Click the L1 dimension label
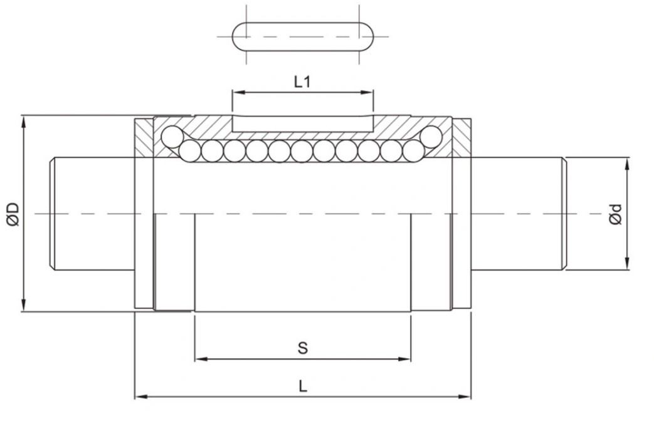pyautogui.click(x=302, y=82)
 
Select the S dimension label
pyautogui.click(x=303, y=348)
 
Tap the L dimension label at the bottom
pyautogui.click(x=303, y=387)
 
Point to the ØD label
pyautogui.click(x=13, y=214)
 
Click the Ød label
pyautogui.click(x=615, y=214)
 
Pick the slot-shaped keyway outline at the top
pyautogui.click(x=303, y=36)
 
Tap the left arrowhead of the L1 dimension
pyautogui.click(x=236, y=93)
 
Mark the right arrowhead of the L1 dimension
pyautogui.click(x=369, y=93)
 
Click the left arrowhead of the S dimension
pyautogui.click(x=199, y=359)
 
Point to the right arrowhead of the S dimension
pyautogui.click(x=407, y=359)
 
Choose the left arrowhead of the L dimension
pyautogui.click(x=140, y=397)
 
